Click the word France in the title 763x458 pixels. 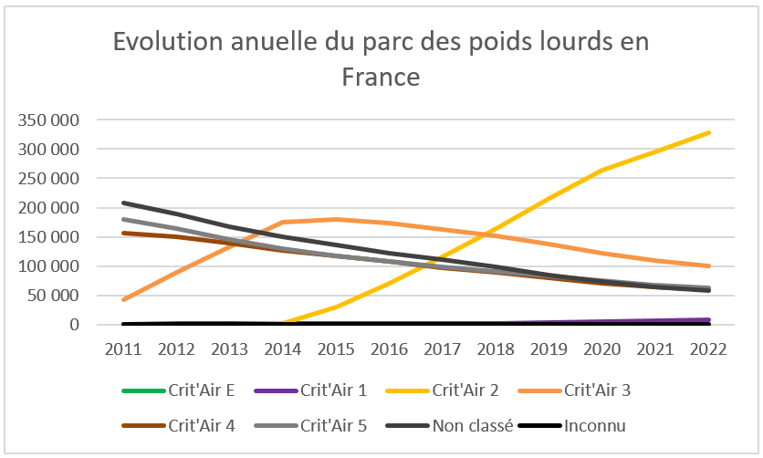point(381,77)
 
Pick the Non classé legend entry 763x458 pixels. point(474,425)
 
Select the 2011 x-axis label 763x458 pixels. point(122,349)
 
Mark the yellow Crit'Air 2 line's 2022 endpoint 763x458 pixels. point(708,133)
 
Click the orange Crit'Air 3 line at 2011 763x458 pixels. point(123,299)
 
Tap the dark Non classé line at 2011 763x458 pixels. point(123,203)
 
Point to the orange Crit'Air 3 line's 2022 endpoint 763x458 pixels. point(708,266)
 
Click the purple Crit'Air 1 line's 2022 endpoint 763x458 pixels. point(708,319)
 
